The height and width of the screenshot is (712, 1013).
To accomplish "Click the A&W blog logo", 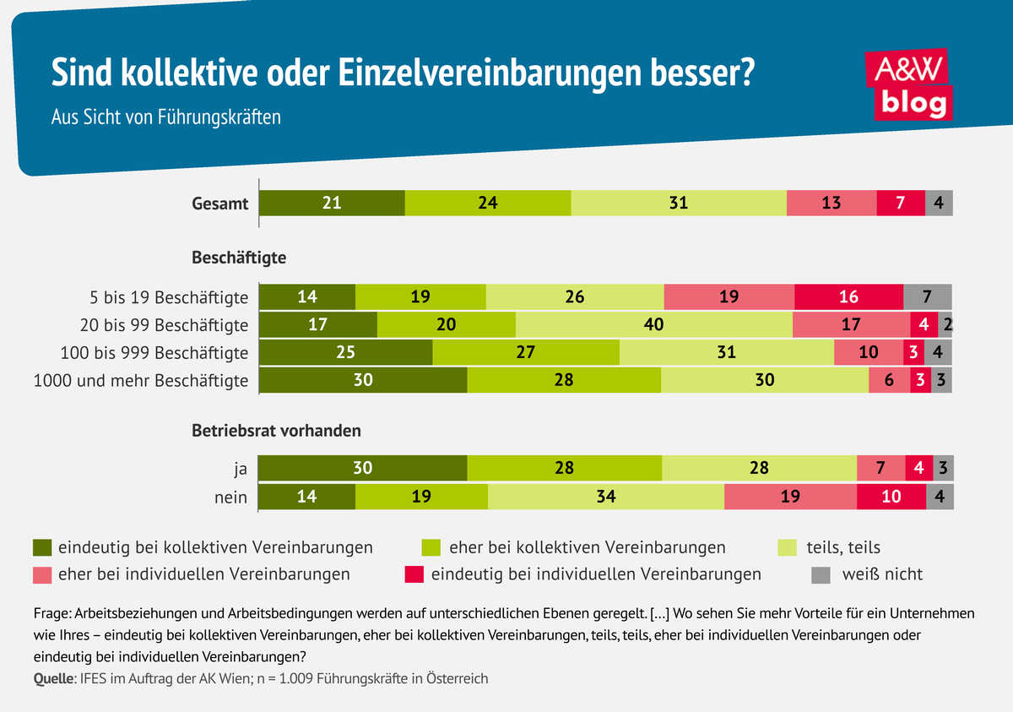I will pyautogui.click(x=909, y=85).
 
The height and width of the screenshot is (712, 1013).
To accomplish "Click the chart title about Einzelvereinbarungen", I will pyautogui.click(x=402, y=73).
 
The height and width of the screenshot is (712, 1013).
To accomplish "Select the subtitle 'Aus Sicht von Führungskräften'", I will pyautogui.click(x=166, y=117).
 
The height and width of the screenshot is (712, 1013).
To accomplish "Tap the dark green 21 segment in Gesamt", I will pyautogui.click(x=332, y=204).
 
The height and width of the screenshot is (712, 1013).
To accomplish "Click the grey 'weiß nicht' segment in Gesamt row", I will pyautogui.click(x=939, y=204).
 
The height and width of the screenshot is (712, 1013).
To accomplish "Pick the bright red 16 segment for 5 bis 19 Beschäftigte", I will pyautogui.click(x=848, y=297).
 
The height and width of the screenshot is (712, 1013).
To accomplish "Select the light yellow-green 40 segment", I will pyautogui.click(x=653, y=325).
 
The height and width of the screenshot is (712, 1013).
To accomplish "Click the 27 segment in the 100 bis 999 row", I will pyautogui.click(x=525, y=352).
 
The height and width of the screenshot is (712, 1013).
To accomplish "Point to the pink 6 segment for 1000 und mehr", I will pyautogui.click(x=889, y=380).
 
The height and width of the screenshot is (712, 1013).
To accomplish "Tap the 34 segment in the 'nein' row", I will pyautogui.click(x=605, y=497).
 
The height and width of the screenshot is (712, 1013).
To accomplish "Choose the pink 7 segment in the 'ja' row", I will pyautogui.click(x=880, y=468).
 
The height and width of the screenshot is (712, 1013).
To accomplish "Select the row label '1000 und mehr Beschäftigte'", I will pyautogui.click(x=141, y=380).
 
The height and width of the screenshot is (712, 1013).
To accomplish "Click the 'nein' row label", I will pyautogui.click(x=230, y=497).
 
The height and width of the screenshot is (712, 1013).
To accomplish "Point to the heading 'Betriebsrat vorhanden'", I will pyautogui.click(x=277, y=430).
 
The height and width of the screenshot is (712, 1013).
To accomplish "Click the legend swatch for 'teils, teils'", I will pyautogui.click(x=787, y=547).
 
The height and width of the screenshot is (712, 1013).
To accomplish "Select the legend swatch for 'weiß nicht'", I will pyautogui.click(x=821, y=574).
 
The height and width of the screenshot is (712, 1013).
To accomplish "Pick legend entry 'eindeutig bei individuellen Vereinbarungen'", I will pyautogui.click(x=596, y=574).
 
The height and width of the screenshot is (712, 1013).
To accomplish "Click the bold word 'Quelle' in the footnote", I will pyautogui.click(x=52, y=678).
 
